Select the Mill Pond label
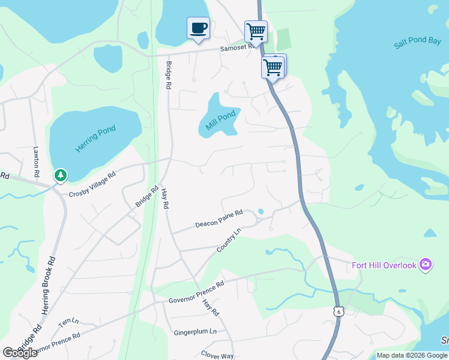(x=220, y=119)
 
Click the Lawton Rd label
(x=37, y=160)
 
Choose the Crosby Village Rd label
(x=92, y=185)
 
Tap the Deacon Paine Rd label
(x=218, y=219)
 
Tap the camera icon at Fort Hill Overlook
(x=426, y=264)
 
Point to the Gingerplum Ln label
(x=195, y=332)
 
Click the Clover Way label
(x=217, y=355)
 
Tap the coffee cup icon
(x=199, y=28)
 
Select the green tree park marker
(x=60, y=175)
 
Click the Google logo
(x=20, y=352)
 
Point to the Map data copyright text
(x=412, y=355)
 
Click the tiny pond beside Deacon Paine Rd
(x=260, y=211)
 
